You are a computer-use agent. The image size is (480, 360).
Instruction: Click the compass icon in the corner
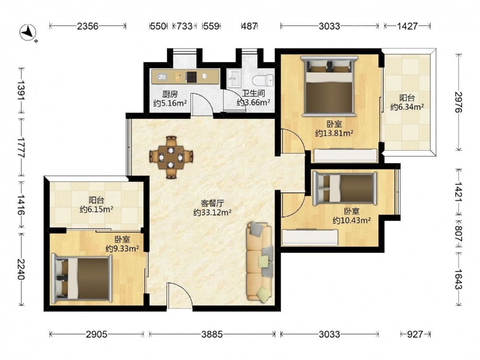29,33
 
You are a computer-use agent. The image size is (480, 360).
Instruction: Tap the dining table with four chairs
171,157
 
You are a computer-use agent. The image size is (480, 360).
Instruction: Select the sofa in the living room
259,261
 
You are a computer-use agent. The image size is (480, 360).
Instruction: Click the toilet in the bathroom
263,81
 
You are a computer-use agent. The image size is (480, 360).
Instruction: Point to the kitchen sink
161,76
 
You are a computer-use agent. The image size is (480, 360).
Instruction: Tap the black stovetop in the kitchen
192,76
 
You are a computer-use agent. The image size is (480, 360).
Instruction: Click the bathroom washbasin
235,78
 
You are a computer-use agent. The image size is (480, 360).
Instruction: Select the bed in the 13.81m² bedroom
329,86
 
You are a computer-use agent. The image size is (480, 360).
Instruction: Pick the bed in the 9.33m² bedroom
82,277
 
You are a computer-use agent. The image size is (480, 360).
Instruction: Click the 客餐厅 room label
213,203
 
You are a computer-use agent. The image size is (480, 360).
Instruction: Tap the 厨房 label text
170,94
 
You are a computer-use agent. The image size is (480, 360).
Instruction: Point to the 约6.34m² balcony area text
407,107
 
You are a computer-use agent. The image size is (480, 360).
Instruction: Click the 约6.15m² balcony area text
96,209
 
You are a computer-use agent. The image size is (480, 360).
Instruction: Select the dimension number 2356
87,26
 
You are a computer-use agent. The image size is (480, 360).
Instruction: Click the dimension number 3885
212,334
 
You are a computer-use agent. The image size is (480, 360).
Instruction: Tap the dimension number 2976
458,102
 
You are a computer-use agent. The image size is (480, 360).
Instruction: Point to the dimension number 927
415,334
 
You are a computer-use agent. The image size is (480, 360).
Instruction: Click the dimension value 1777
21,147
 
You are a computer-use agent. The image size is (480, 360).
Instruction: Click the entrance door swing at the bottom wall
180,295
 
